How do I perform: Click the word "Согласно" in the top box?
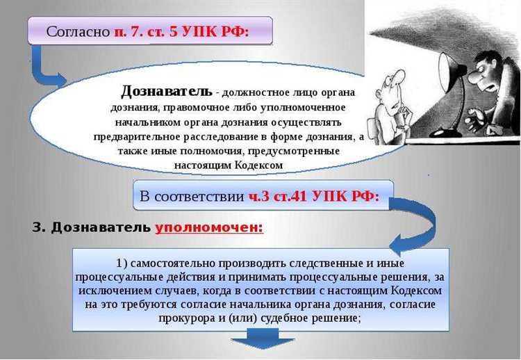coord(77,32)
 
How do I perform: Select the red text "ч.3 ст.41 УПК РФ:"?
coord(314,197)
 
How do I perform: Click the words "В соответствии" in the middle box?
coord(192,197)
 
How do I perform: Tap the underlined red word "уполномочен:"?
coord(209,228)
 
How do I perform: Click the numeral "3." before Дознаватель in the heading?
coord(40,228)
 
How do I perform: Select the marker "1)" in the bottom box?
coord(124,263)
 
